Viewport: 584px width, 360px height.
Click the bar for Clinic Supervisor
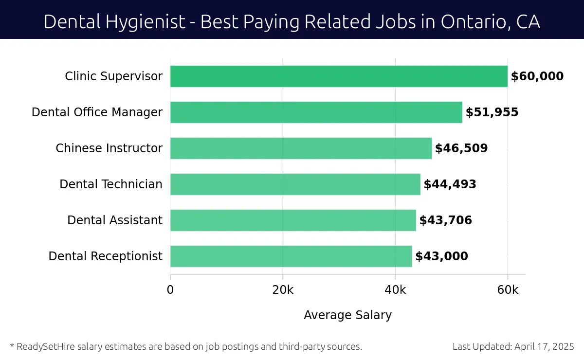coord(339,76)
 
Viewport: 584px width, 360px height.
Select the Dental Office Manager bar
coord(316,112)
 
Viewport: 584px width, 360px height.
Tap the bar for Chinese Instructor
coord(301,148)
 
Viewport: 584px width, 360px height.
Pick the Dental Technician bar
coord(295,184)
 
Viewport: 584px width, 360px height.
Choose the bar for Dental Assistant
coord(293,220)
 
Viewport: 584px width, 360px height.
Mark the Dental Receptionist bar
coord(291,256)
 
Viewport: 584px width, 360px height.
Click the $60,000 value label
coord(537,76)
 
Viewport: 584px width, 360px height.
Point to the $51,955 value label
coord(492,112)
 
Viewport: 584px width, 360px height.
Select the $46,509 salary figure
coord(461,148)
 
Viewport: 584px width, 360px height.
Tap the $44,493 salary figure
coord(450,184)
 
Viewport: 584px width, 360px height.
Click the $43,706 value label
coord(446,220)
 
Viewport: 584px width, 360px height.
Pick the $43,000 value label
coord(442,256)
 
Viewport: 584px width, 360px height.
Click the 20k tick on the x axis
coord(283,290)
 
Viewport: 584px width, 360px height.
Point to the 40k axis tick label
coord(395,290)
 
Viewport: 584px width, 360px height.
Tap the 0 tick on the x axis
coord(170,290)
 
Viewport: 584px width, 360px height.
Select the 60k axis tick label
coord(508,290)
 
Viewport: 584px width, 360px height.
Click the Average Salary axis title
coord(347,315)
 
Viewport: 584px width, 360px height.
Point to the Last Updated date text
coord(513,347)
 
